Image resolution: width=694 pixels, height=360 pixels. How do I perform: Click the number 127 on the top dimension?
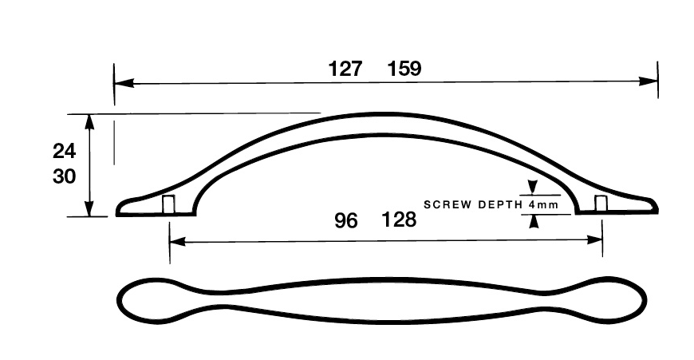click(345, 69)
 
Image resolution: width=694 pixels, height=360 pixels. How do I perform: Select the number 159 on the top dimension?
click(404, 69)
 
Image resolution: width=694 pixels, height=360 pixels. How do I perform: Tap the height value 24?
click(64, 151)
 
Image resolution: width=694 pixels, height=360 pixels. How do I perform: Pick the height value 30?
click(64, 176)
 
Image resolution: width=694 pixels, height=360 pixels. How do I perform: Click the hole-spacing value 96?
click(345, 220)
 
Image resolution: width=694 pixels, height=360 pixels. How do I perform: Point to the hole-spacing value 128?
click(399, 220)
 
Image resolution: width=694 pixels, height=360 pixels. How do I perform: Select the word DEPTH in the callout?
click(501, 204)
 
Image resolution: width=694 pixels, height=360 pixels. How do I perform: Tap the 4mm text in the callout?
click(543, 204)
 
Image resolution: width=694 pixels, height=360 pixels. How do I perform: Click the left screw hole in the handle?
click(168, 204)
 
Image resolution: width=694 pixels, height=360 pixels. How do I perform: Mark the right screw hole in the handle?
click(601, 204)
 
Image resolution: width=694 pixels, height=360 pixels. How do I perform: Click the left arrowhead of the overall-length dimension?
click(124, 83)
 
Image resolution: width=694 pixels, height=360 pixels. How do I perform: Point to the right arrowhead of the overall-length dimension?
click(648, 81)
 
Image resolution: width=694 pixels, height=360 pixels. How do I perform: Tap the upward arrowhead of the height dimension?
click(90, 122)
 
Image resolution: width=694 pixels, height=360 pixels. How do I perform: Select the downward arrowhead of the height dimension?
click(90, 208)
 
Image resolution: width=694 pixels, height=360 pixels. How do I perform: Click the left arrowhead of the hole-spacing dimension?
click(177, 241)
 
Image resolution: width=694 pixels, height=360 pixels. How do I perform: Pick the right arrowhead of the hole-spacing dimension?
click(594, 240)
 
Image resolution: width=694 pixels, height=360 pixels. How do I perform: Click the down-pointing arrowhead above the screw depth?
click(533, 188)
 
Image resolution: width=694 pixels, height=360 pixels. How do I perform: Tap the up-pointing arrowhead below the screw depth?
click(534, 221)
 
